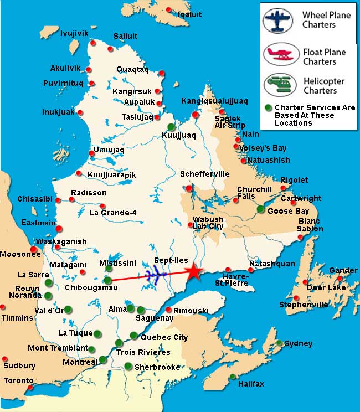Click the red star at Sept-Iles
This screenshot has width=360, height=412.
tap(193, 271)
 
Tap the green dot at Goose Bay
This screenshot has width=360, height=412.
tap(261, 209)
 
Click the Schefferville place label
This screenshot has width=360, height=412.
tap(204, 174)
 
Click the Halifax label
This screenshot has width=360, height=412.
tap(251, 384)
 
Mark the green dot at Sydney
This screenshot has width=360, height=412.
tap(280, 343)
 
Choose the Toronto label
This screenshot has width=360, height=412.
tap(18, 380)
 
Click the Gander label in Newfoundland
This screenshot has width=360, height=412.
tap(343, 270)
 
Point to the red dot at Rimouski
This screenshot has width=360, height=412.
tap(168, 310)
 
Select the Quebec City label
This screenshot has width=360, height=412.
tap(164, 337)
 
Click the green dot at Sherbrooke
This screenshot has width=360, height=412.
tap(128, 365)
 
